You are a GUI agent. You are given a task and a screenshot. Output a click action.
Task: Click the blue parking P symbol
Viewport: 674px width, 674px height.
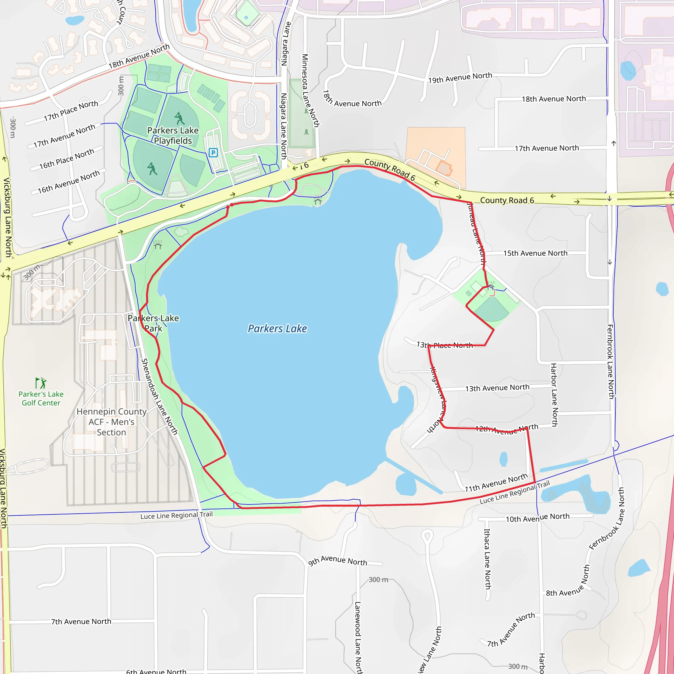[213, 152]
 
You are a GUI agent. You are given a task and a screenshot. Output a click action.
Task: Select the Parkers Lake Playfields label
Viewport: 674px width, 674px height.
[173, 135]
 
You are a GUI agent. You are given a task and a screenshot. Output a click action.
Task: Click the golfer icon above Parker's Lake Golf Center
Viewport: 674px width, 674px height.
[41, 383]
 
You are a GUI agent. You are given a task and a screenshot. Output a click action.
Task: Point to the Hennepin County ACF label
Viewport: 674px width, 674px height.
[111, 422]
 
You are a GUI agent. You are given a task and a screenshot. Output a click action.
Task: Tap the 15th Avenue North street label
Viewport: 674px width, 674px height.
[535, 253]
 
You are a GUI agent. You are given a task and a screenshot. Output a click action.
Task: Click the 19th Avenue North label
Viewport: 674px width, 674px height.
[460, 78]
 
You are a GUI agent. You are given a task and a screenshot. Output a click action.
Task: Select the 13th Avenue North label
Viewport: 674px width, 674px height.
[497, 388]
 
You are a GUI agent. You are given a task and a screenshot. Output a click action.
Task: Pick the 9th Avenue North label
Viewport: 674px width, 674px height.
[337, 560]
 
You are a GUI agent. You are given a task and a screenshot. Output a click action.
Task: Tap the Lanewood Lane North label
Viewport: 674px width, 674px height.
[358, 637]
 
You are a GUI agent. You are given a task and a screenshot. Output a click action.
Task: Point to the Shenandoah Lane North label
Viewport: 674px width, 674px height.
[159, 396]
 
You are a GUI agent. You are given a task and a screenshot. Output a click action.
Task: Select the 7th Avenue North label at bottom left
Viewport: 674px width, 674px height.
[81, 621]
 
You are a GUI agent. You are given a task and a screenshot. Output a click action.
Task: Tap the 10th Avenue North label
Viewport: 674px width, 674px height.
[538, 518]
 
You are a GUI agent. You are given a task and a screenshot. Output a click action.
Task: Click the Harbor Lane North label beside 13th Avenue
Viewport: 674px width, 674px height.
[554, 395]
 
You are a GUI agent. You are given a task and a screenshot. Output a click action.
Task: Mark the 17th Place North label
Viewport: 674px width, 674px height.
[71, 111]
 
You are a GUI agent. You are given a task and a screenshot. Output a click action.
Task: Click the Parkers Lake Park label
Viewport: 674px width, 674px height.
[153, 323]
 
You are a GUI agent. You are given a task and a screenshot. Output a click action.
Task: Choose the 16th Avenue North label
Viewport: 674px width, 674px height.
[69, 182]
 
